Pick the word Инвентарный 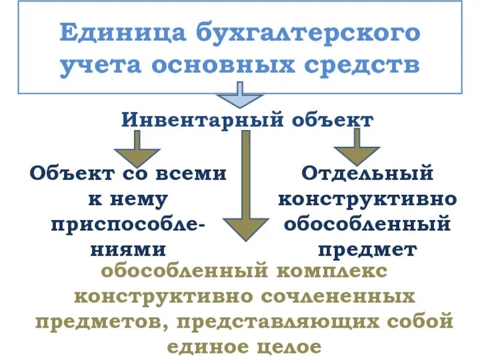pyautogui.click(x=202, y=120)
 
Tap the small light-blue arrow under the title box pyautogui.click(x=240, y=96)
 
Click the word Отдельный pyautogui.click(x=367, y=174)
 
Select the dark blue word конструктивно pyautogui.click(x=367, y=199)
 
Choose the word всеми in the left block pyautogui.click(x=191, y=174)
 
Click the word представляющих pyautogui.click(x=272, y=322)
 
